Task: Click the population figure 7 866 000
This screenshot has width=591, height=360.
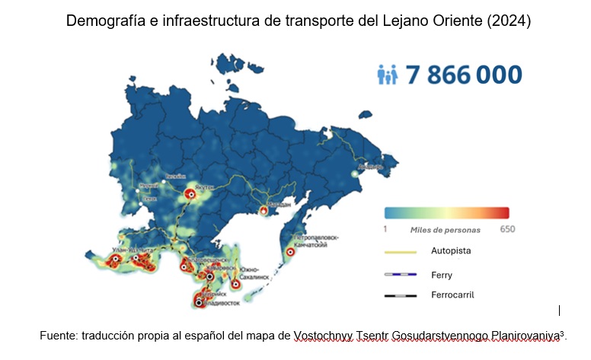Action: coord(464,75)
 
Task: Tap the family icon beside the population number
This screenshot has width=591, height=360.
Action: coord(388,75)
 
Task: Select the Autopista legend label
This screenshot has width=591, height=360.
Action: coord(451,250)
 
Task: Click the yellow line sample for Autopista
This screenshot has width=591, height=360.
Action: coord(401,250)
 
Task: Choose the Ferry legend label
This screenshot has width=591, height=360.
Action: coord(441,274)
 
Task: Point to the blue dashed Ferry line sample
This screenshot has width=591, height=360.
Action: coord(401,274)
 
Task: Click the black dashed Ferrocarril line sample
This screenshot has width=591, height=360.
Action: coord(401,295)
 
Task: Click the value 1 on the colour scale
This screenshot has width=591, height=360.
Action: coord(386,228)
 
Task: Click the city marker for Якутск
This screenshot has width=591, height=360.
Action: coord(190,196)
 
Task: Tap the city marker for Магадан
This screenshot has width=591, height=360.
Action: coord(264,209)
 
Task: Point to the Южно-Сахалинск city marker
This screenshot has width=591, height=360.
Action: coord(236,283)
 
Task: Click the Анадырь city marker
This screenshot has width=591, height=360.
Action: coord(354,174)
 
